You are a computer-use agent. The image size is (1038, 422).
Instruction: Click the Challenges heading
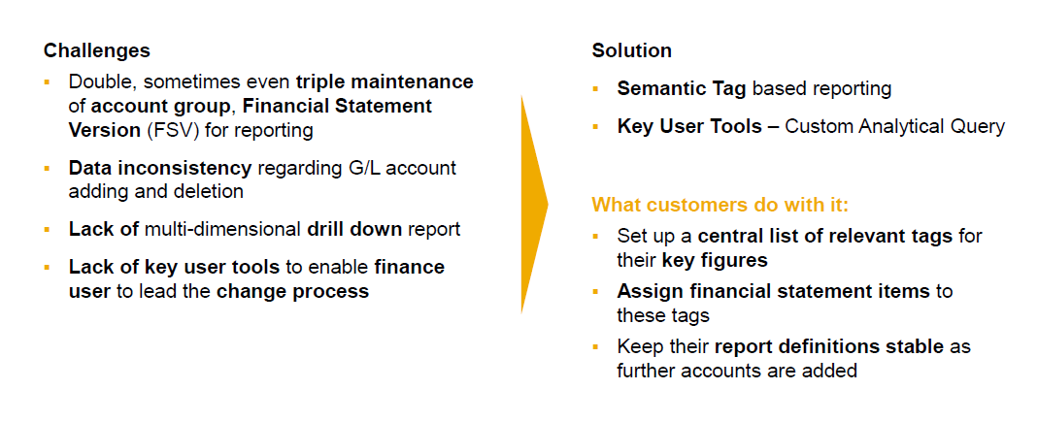click(97, 50)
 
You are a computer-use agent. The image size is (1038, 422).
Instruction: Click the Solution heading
click(631, 50)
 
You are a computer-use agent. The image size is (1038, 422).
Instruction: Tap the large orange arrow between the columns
click(533, 204)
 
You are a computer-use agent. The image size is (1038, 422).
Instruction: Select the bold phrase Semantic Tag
click(682, 89)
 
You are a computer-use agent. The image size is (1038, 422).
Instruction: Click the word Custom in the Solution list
click(817, 126)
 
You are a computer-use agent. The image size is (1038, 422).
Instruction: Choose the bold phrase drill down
click(351, 230)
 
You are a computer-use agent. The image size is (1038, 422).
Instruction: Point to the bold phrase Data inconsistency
click(160, 168)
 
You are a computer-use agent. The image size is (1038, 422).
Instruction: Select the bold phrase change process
click(293, 291)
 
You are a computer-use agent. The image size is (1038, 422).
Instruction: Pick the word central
click(732, 236)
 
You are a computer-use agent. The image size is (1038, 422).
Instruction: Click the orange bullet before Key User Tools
click(595, 126)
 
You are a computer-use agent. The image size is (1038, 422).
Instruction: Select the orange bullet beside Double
click(47, 81)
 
